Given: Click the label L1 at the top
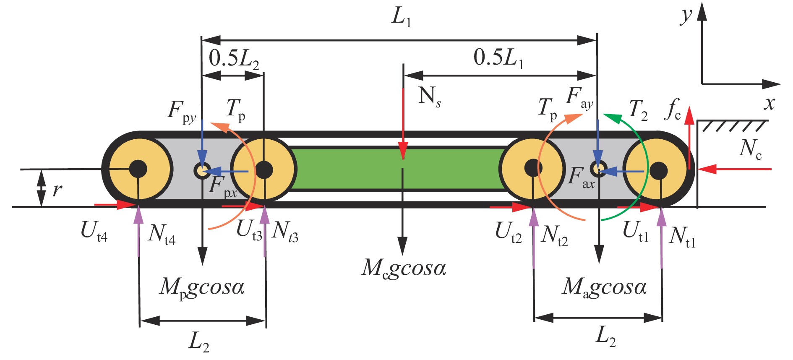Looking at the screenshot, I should tap(401, 18).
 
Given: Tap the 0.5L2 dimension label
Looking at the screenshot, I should tap(234, 58).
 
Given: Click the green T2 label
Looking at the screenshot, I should tap(638, 110).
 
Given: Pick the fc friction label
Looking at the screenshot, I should tap(674, 110).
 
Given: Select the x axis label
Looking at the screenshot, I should tap(769, 103).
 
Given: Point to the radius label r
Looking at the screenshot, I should tap(57, 190).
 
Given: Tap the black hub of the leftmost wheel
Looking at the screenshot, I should tap(138, 169).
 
